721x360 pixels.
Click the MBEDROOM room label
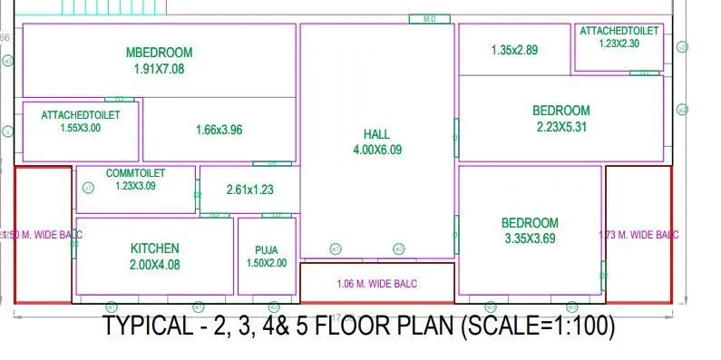(160, 53)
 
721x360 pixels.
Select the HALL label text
(376, 134)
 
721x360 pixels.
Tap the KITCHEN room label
(155, 248)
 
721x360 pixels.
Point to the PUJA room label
(267, 250)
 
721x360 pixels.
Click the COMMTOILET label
(135, 173)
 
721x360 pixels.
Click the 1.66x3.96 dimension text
(219, 130)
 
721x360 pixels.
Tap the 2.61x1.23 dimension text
(250, 190)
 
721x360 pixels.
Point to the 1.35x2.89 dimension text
(514, 50)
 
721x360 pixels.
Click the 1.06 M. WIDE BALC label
(376, 284)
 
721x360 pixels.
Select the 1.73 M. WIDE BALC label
(638, 235)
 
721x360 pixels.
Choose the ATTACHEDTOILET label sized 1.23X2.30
(620, 31)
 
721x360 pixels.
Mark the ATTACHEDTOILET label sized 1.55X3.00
(81, 115)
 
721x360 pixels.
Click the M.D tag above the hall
(430, 18)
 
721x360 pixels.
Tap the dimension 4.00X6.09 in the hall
(376, 150)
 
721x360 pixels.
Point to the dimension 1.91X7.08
(160, 68)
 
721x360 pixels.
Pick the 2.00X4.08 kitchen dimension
(155, 265)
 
